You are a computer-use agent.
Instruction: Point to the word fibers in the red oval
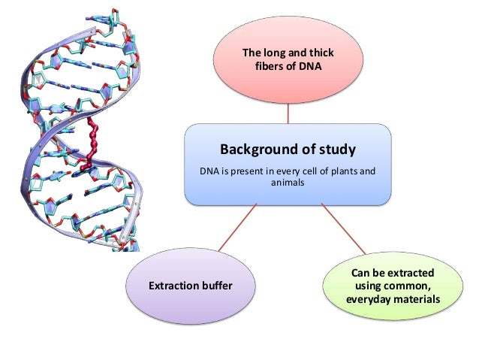tap(273, 67)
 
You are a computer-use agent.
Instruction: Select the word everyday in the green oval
tap(369, 300)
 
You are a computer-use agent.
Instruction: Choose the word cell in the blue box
tap(305, 171)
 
